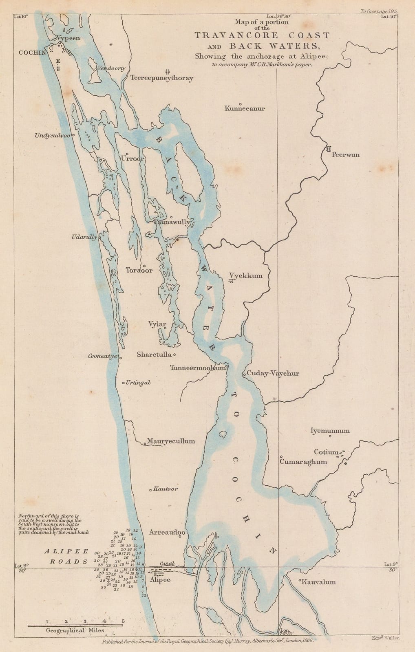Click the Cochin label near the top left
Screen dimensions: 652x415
pos(31,53)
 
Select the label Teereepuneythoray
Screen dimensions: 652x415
pos(162,78)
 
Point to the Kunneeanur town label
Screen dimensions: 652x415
pos(245,108)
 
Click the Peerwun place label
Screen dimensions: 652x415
pos(346,155)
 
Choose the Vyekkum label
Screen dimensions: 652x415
pos(246,276)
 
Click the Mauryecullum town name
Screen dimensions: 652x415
pos(171,441)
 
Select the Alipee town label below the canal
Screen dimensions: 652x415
pos(160,580)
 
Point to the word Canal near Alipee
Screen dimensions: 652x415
pos(167,564)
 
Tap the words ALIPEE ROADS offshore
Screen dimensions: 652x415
pos(66,556)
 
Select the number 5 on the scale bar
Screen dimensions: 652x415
pos(123,621)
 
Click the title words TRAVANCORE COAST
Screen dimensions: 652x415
pos(262,35)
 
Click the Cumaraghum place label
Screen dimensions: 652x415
pos(304,462)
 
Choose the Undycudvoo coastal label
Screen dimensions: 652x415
pos(53,136)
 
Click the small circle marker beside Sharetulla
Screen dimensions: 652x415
pos(174,354)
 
